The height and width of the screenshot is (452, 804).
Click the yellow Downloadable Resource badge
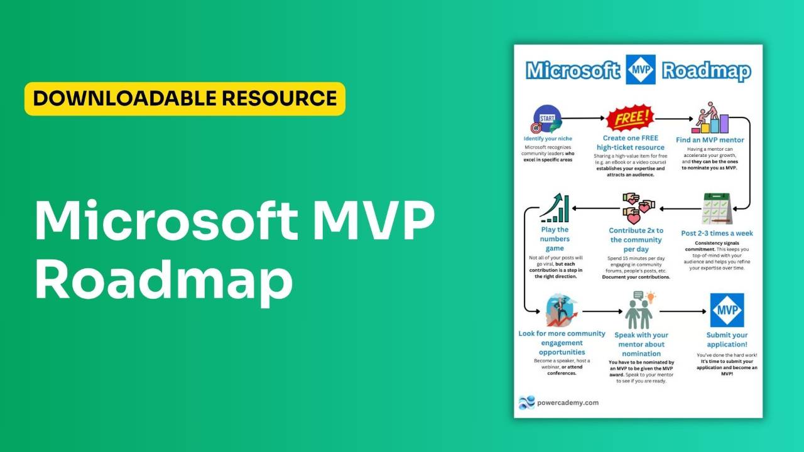[x=185, y=99]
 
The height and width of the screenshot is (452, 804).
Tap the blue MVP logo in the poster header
[x=641, y=70]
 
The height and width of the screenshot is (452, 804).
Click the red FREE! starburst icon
[x=630, y=118]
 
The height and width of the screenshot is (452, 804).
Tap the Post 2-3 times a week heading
[x=717, y=234]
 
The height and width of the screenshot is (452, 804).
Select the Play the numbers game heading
[x=555, y=239]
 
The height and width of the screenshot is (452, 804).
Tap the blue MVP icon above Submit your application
[x=726, y=310]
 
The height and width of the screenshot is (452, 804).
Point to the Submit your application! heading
[x=727, y=340]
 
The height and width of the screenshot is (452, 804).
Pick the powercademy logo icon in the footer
[x=526, y=402]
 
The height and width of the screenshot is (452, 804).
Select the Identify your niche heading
[x=548, y=138]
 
